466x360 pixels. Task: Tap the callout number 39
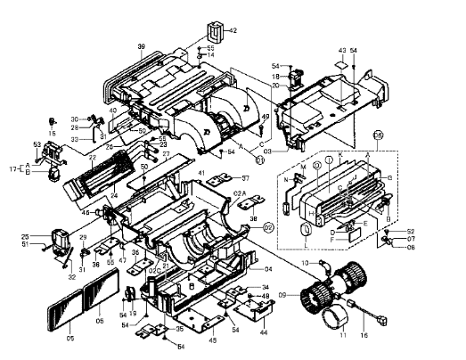click(141, 45)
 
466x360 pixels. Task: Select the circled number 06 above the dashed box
click(378, 135)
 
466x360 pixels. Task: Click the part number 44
click(265, 331)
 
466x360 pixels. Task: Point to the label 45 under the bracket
click(211, 339)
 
